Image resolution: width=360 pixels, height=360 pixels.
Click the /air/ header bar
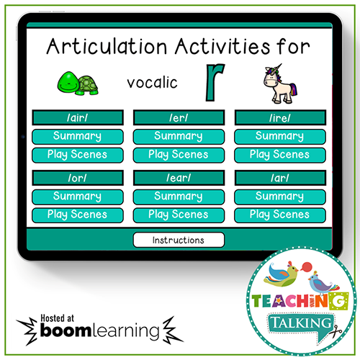click(77, 117)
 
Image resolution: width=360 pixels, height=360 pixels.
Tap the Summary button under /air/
click(77, 136)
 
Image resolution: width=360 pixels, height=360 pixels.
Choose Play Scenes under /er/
click(179, 154)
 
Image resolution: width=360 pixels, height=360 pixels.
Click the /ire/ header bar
click(279, 117)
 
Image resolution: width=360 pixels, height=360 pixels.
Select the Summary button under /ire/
click(279, 136)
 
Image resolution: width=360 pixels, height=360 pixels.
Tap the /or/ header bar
click(77, 178)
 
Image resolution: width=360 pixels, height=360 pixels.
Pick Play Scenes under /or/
click(77, 215)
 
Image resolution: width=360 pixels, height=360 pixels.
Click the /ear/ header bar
click(179, 178)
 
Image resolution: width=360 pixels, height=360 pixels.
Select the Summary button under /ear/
click(179, 197)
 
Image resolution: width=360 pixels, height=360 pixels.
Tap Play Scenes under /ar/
click(279, 215)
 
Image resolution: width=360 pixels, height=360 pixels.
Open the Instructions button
click(179, 240)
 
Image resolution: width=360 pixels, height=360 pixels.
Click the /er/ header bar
click(179, 117)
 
